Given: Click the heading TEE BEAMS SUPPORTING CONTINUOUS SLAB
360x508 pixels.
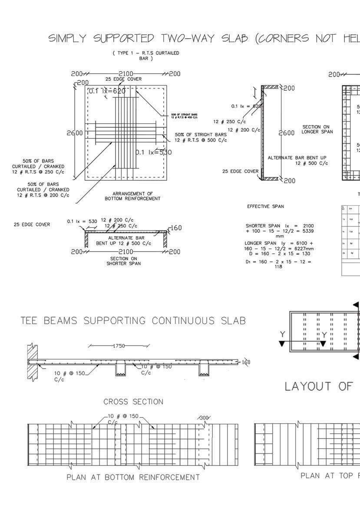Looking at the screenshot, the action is point(133,321).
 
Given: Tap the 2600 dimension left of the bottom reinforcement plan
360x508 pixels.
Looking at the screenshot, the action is point(75,133).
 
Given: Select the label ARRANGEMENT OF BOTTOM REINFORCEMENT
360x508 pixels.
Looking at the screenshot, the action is point(132,196).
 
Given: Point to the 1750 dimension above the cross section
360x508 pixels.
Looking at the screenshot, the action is point(119,346).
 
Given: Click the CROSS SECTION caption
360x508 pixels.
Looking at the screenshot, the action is point(133,402).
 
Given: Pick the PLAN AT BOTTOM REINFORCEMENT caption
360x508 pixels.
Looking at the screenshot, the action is point(133,477).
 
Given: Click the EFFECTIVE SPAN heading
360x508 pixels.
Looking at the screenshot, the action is point(265,207).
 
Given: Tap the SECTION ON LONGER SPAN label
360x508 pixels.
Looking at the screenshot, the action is point(317,129).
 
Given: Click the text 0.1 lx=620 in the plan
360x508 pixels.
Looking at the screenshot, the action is point(107,91).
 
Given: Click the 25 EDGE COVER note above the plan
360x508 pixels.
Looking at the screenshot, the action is point(123,79).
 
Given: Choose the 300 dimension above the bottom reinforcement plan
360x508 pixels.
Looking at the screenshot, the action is point(204,418).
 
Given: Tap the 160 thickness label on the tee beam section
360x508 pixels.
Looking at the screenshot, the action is point(246,363).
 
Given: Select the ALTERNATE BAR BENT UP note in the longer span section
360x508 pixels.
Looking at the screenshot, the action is point(297,160).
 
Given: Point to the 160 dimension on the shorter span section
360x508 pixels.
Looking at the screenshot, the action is point(176,228).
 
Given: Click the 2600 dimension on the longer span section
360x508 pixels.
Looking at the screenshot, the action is point(286,133).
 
